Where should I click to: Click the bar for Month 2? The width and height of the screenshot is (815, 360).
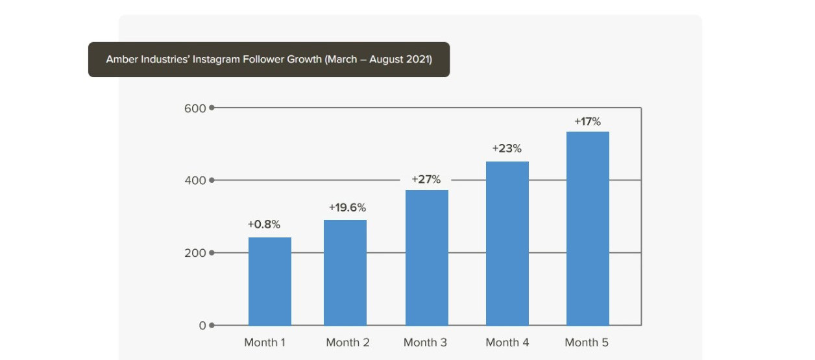pyautogui.click(x=345, y=272)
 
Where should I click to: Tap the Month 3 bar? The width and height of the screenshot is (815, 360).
pyautogui.click(x=426, y=258)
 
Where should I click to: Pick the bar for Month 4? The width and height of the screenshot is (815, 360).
pyautogui.click(x=507, y=243)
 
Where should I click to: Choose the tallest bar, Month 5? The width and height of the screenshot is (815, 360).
pyautogui.click(x=587, y=228)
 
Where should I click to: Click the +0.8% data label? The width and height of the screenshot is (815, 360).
pyautogui.click(x=263, y=224)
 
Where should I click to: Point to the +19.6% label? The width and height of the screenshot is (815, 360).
pyautogui.click(x=347, y=208)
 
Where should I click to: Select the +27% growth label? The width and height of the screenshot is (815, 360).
pyautogui.click(x=426, y=179)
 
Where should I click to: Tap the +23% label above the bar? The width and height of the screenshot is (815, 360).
pyautogui.click(x=507, y=149)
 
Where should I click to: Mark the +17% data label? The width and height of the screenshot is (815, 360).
pyautogui.click(x=587, y=121)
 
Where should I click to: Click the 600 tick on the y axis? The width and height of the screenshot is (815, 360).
pyautogui.click(x=195, y=108)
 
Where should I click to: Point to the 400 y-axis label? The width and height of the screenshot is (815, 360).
pyautogui.click(x=195, y=180)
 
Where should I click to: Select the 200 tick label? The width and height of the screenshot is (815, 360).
pyautogui.click(x=195, y=253)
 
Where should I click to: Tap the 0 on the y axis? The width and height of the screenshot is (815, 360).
pyautogui.click(x=202, y=326)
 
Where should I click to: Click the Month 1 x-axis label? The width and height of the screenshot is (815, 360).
pyautogui.click(x=264, y=342)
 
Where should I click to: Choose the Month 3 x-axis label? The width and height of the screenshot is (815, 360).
pyautogui.click(x=425, y=342)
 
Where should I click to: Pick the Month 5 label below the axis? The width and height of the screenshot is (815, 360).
pyautogui.click(x=587, y=342)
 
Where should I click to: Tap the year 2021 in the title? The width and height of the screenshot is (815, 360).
pyautogui.click(x=419, y=60)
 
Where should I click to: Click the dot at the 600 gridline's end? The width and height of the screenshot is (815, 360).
pyautogui.click(x=212, y=108)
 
